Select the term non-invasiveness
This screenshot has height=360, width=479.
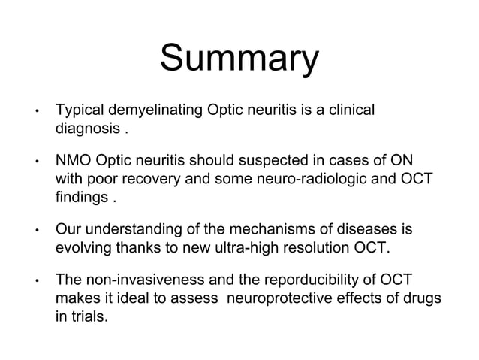(143, 281)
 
